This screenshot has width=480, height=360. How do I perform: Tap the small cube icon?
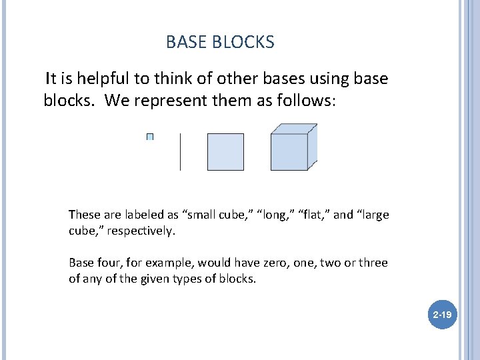(x=150, y=137)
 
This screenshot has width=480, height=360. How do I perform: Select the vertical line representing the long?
(x=180, y=152)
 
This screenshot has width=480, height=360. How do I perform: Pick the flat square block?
(x=225, y=152)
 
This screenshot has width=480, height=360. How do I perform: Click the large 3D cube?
(x=292, y=148)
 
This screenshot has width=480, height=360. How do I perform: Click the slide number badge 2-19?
(x=441, y=313)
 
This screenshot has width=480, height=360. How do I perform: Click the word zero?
(x=255, y=263)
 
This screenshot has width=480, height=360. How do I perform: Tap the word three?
(x=372, y=263)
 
